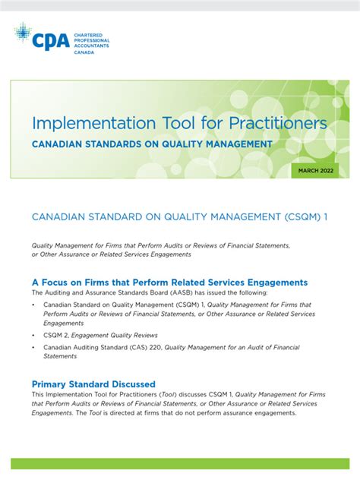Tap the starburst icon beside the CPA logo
click(23, 32)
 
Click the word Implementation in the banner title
click(86, 123)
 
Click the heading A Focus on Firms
click(84, 282)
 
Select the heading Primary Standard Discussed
click(93, 384)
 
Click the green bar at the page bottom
click(180, 464)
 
